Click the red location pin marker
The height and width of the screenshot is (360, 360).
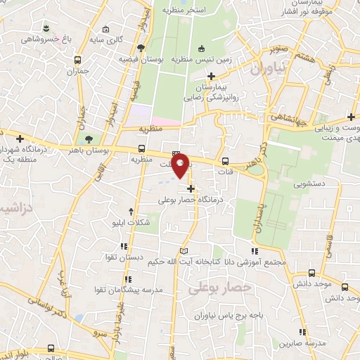pos(181,167)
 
